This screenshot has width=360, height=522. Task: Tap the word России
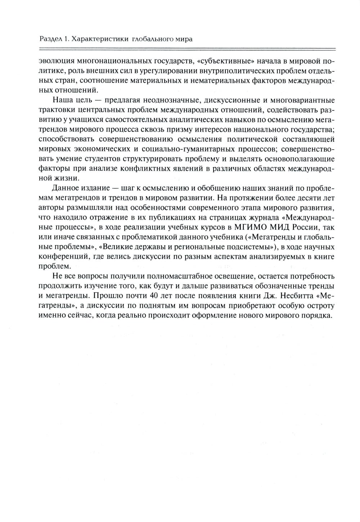[x=305, y=227]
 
